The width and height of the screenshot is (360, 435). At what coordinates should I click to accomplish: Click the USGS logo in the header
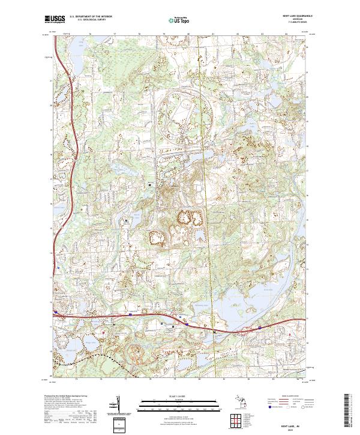55,20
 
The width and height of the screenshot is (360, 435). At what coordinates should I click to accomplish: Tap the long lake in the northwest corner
78,45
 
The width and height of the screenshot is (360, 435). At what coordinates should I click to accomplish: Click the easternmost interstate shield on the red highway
259,327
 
